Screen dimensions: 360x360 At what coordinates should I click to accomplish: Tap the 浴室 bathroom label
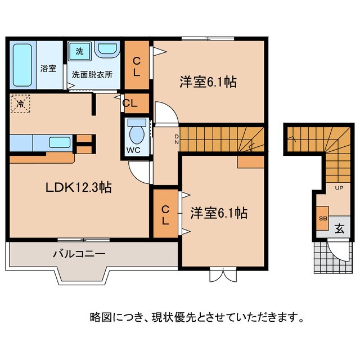tap(48, 69)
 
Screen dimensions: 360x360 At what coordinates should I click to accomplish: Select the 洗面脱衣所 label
tap(92, 74)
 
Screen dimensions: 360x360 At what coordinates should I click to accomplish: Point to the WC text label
tap(135, 151)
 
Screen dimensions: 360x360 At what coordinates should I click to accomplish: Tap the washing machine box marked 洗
tap(79, 51)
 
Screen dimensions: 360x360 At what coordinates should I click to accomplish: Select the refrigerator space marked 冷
tap(20, 103)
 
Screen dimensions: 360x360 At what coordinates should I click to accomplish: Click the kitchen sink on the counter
tap(59, 142)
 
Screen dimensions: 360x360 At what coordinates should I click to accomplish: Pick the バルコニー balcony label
tap(79, 254)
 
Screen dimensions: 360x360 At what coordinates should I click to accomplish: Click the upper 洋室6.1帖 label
tap(208, 82)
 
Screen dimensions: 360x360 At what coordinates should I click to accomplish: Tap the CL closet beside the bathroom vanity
tap(137, 66)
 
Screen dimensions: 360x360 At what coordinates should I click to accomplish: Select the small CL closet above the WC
tap(130, 103)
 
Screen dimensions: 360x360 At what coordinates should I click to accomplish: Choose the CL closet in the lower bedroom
tap(165, 214)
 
